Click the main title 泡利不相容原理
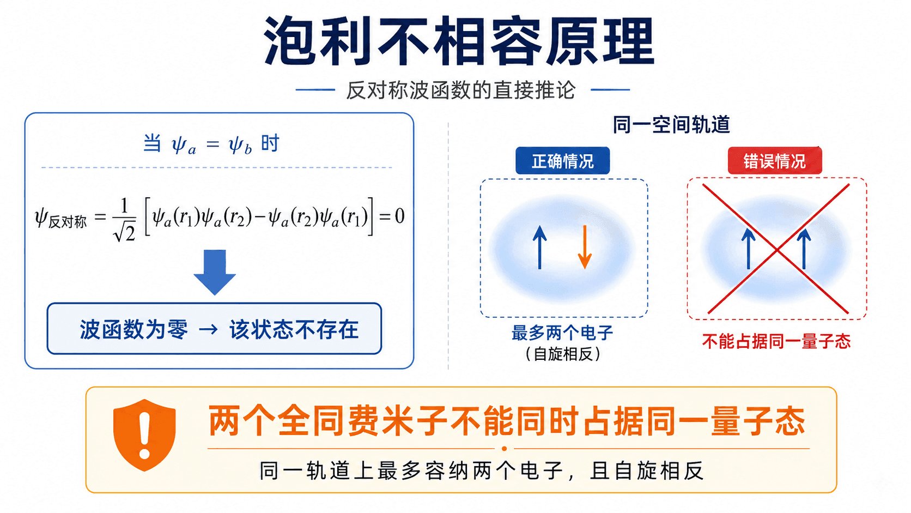[459, 41]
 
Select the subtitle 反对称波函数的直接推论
[461, 90]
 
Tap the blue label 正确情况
[562, 161]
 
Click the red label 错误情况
[775, 161]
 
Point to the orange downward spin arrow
[585, 247]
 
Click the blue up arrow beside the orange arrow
[540, 247]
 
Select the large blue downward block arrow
[215, 272]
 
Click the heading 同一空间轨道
[671, 125]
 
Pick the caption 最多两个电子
[562, 333]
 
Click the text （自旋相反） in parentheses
[563, 354]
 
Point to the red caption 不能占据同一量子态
[776, 341]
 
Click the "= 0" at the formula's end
[392, 216]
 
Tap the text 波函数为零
[134, 329]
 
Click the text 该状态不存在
[294, 329]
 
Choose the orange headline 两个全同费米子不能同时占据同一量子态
[507, 421]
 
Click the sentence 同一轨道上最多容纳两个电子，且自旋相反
[482, 471]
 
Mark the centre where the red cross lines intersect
[777, 249]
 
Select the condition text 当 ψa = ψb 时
[211, 144]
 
